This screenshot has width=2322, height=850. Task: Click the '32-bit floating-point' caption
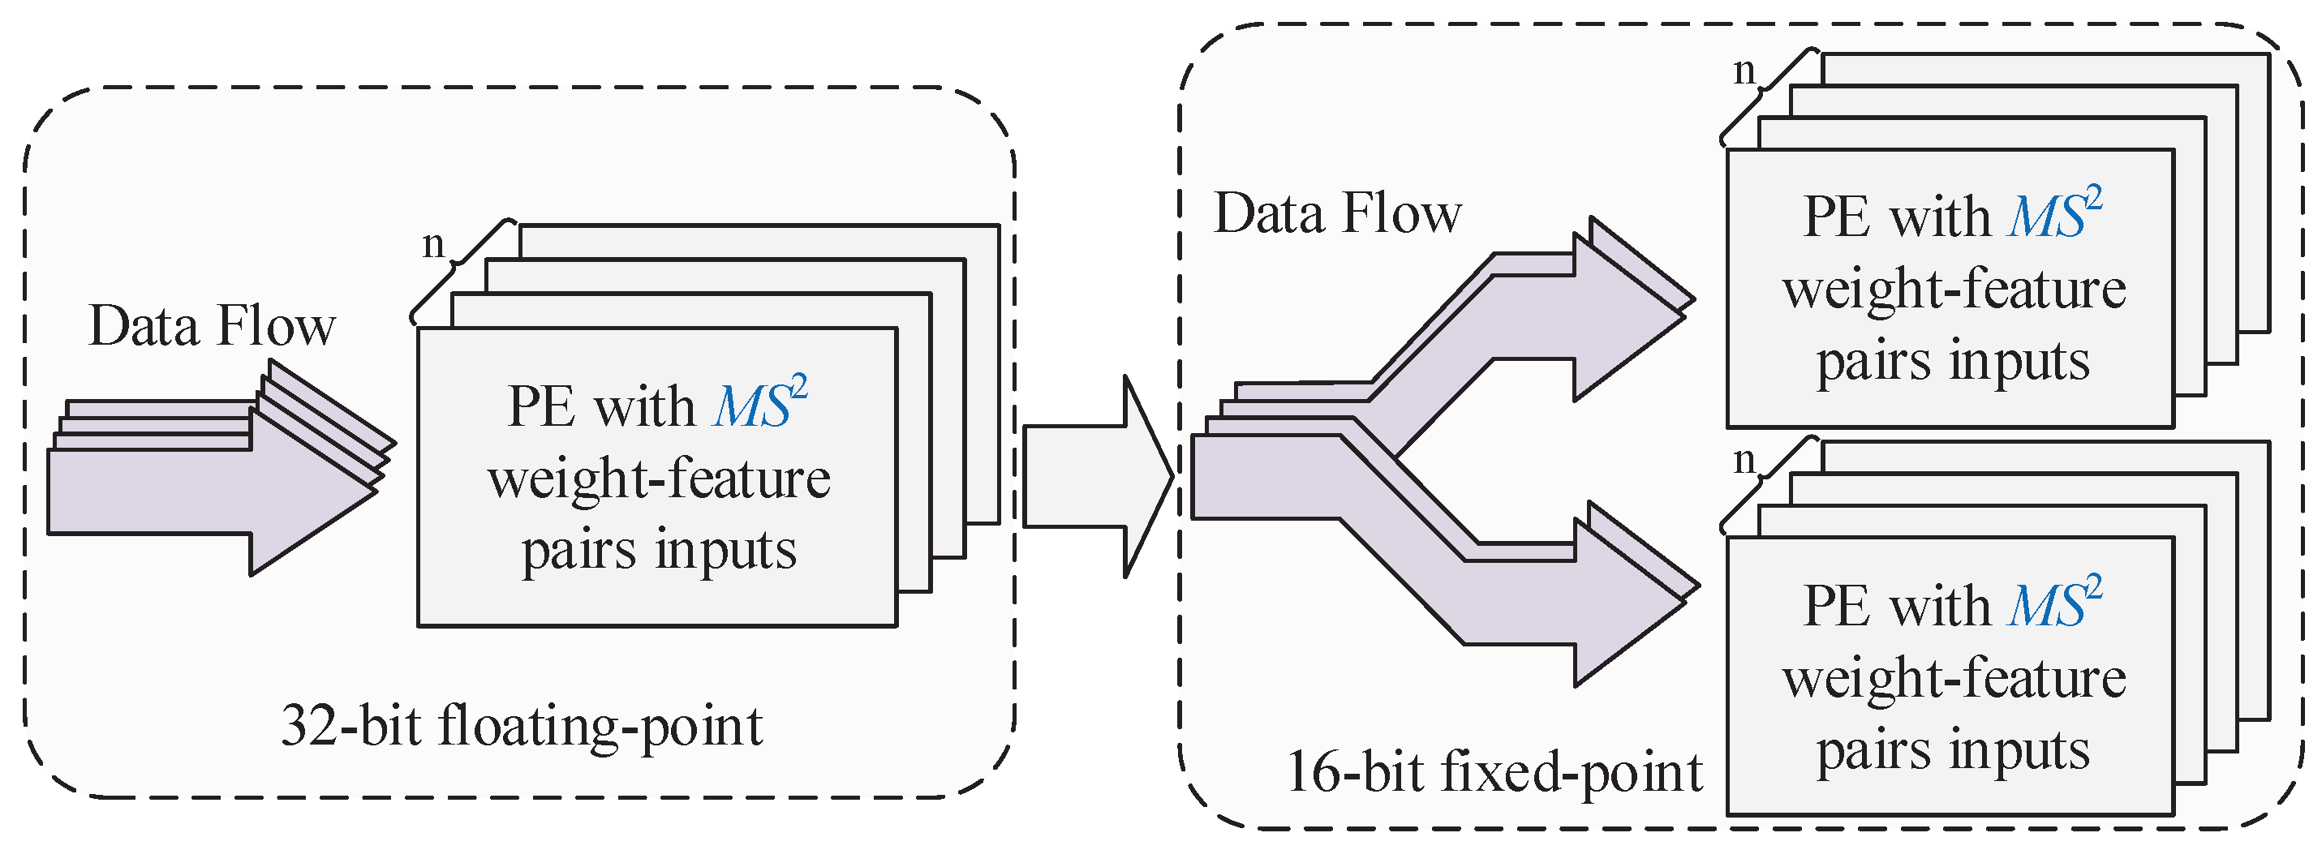[x=521, y=727]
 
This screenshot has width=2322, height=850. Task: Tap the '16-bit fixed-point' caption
[x=1494, y=774]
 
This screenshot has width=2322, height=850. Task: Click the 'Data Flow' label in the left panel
[x=212, y=326]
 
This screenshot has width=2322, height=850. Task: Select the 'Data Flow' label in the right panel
[x=1338, y=215]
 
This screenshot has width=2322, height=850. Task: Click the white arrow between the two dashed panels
[x=1095, y=477]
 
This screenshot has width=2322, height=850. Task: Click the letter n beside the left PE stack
[x=433, y=243]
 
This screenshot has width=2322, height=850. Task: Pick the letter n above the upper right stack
[x=1745, y=71]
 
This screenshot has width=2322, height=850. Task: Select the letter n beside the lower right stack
[x=1745, y=461]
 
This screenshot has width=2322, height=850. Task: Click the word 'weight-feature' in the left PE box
[x=659, y=479]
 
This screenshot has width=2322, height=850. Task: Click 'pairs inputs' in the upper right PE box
[x=1952, y=362]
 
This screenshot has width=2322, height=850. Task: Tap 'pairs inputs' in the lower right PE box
[x=1952, y=751]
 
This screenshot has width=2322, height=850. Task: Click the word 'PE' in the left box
[x=541, y=406]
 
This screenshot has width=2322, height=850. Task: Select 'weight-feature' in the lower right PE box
[x=1954, y=678]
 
